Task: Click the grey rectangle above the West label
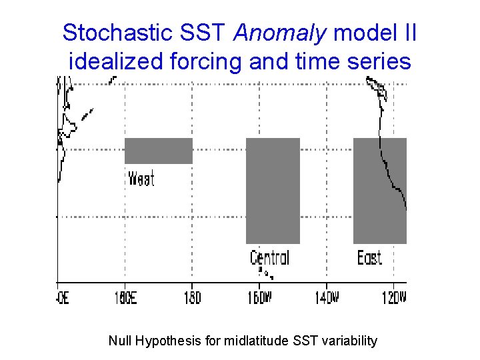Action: coord(159,151)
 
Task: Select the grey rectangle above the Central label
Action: coord(273,191)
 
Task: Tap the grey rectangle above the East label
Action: coord(379,191)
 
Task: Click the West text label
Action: coord(141,179)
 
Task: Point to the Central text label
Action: coord(269,257)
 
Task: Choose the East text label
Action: coord(369,257)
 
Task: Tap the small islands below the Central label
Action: coord(265,273)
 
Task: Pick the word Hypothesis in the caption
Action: coord(167,341)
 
